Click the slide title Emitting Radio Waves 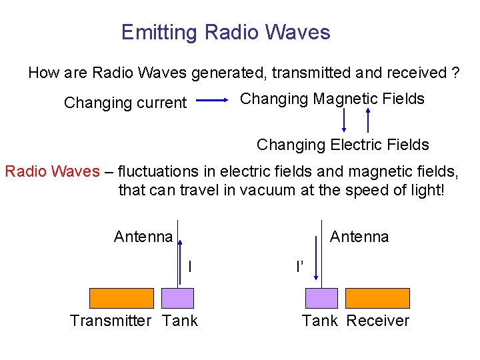225,32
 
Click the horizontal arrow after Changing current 213,101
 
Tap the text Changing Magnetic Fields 332,99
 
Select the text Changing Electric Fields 343,144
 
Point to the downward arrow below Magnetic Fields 344,121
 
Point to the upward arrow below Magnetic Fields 367,121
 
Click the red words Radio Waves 52,171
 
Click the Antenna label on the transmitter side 143,237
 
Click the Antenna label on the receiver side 359,237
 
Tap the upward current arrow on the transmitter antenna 179,253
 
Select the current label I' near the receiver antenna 299,267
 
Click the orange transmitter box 121,297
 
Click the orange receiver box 377,297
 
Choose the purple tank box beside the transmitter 178,297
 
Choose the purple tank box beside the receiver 321,297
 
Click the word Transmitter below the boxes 111,321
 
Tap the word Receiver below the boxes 377,321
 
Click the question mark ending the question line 455,73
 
